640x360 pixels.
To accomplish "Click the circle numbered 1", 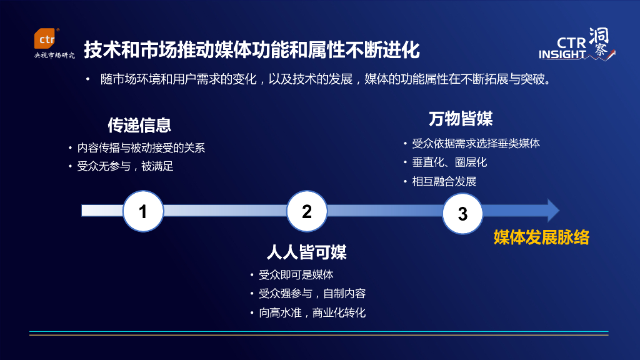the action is click(143, 211).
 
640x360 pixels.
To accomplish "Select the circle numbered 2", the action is click(307, 211).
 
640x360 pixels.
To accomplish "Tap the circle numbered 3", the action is click(462, 213).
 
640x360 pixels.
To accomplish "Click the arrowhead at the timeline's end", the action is click(552, 211).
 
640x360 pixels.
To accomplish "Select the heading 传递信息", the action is click(139, 125).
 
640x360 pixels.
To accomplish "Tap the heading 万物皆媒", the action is click(461, 119).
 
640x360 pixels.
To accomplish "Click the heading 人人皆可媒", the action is click(306, 252).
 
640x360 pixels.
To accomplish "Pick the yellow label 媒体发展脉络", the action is click(541, 237).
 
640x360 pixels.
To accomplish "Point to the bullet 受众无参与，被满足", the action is click(125, 166).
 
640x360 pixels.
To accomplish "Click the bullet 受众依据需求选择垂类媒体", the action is click(476, 143).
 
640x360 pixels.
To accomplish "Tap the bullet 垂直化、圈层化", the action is click(449, 162).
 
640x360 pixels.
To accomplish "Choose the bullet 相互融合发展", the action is click(444, 181).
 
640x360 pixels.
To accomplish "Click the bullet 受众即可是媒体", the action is click(296, 275).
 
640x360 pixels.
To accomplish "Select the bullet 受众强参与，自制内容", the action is click(312, 294).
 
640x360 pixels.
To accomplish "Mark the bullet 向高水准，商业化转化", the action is click(312, 312).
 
